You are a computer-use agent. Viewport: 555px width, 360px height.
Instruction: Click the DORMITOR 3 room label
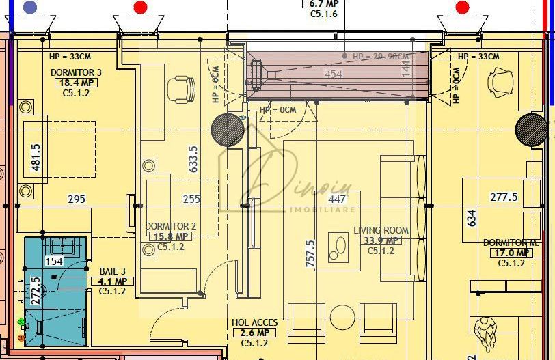click(76, 72)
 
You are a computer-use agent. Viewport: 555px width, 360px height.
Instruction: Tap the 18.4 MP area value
click(76, 83)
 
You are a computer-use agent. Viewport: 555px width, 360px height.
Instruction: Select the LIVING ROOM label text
click(381, 230)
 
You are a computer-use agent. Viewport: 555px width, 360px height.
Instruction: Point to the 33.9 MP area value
click(381, 240)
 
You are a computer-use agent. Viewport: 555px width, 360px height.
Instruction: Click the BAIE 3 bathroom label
click(113, 271)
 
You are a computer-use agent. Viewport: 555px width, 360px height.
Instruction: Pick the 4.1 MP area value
click(112, 281)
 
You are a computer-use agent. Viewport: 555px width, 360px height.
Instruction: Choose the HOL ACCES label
click(254, 322)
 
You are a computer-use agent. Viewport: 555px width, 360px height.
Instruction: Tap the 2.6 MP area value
click(254, 333)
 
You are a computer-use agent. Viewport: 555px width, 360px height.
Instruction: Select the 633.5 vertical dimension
click(193, 158)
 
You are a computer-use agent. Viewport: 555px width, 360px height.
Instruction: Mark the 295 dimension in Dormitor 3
click(77, 199)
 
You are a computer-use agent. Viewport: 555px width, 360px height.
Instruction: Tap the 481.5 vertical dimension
click(36, 156)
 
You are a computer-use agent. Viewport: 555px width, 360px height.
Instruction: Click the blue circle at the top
click(30, 8)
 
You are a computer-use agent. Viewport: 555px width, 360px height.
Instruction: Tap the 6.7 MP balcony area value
click(324, 3)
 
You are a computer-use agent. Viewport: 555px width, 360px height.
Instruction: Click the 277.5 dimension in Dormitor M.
click(504, 197)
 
